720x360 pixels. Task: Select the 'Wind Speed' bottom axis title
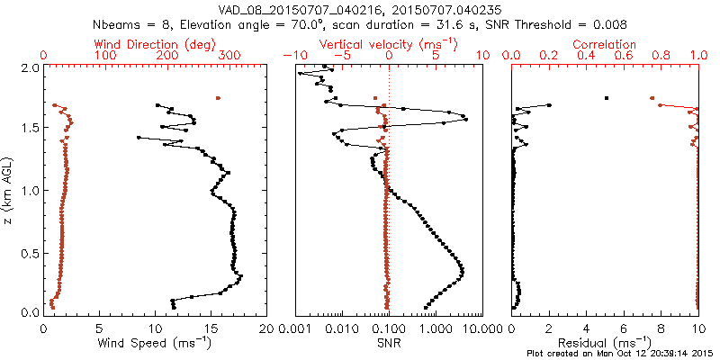click(155, 342)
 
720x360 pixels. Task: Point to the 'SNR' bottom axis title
click(389, 342)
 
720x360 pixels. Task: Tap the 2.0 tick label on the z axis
click(30, 67)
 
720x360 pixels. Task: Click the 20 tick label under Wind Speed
click(265, 328)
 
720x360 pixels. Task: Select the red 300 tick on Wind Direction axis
click(229, 56)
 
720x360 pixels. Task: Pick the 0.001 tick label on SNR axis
click(295, 328)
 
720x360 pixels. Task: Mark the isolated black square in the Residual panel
click(607, 97)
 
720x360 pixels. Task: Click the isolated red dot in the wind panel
click(218, 97)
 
